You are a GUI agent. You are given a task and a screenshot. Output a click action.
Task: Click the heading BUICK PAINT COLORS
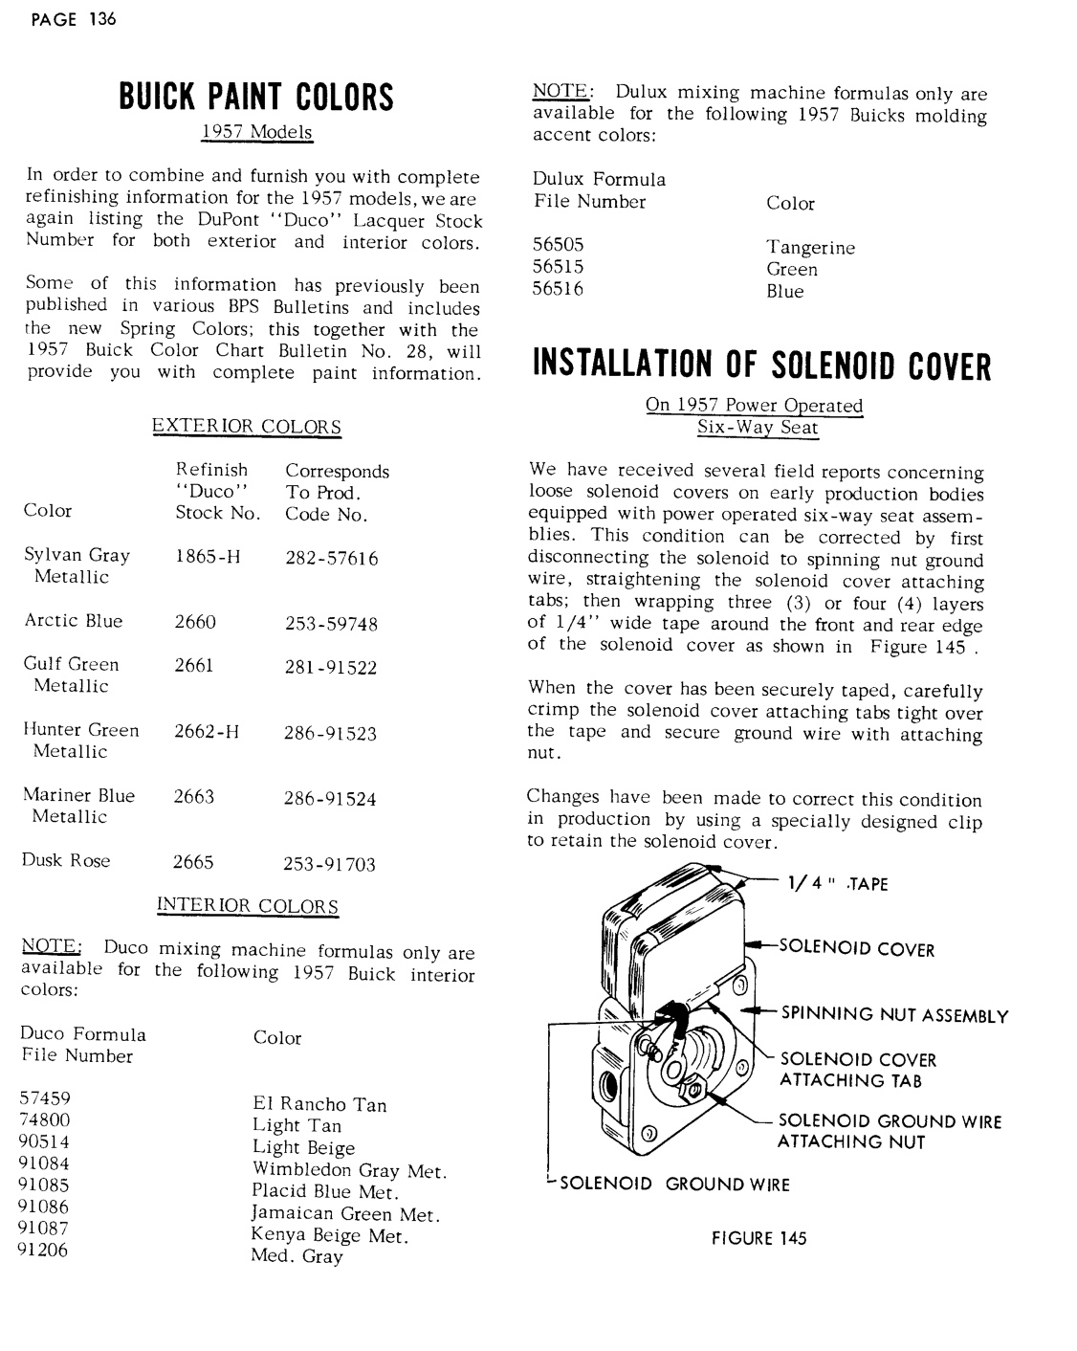coord(255,97)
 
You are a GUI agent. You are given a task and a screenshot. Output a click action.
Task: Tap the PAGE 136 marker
coord(74,19)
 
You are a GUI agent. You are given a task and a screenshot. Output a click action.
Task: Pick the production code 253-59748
coord(331,624)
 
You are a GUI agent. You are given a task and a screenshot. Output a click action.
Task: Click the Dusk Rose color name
coord(66,860)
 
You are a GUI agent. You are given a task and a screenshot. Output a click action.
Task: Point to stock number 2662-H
coord(207,732)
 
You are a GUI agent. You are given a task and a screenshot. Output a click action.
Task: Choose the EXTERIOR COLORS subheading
coord(247,427)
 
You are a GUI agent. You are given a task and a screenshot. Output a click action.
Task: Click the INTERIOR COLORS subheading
coord(247,905)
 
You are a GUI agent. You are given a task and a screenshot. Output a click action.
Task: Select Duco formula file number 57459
coord(45,1098)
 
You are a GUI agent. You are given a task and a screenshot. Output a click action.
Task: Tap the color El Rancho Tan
coord(319,1105)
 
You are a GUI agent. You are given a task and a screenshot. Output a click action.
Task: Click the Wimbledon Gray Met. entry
coord(349,1169)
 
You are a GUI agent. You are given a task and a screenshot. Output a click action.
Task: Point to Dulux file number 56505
coord(558,245)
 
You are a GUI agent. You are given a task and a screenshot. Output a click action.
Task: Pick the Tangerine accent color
coord(810,248)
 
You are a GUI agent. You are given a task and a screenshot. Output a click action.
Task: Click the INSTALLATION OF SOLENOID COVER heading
coord(761,366)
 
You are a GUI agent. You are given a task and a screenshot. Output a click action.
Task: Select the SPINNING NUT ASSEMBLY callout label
coord(894,1015)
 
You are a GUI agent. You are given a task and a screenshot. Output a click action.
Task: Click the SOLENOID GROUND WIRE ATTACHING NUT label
coord(890,1131)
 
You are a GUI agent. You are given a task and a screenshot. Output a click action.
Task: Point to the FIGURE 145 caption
coord(758,1238)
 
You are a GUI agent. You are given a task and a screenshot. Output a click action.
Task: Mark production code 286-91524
coord(330,798)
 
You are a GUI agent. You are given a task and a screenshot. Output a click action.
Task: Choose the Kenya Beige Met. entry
coord(330,1235)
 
